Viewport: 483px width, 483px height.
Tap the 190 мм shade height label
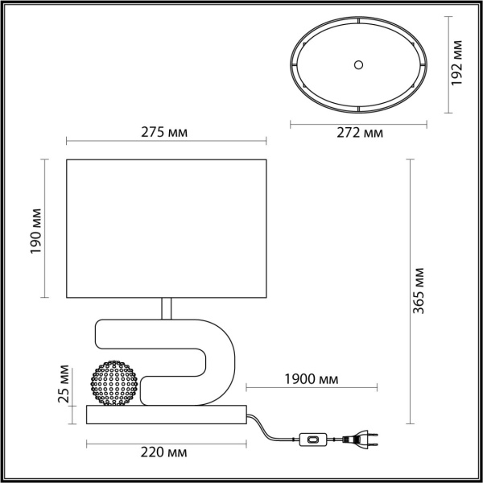[x=36, y=229]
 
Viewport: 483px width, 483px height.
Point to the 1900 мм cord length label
[x=311, y=379]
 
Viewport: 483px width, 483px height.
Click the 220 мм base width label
[x=165, y=452]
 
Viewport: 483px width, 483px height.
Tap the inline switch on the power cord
[x=310, y=440]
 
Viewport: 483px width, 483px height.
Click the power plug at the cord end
[x=359, y=440]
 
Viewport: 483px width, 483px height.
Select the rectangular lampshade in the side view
[x=165, y=228]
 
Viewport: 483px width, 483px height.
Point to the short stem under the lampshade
[x=165, y=308]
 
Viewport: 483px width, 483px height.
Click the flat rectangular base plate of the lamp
[x=165, y=415]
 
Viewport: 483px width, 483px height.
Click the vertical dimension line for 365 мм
[x=411, y=290]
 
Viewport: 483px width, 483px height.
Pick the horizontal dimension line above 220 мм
[x=165, y=442]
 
